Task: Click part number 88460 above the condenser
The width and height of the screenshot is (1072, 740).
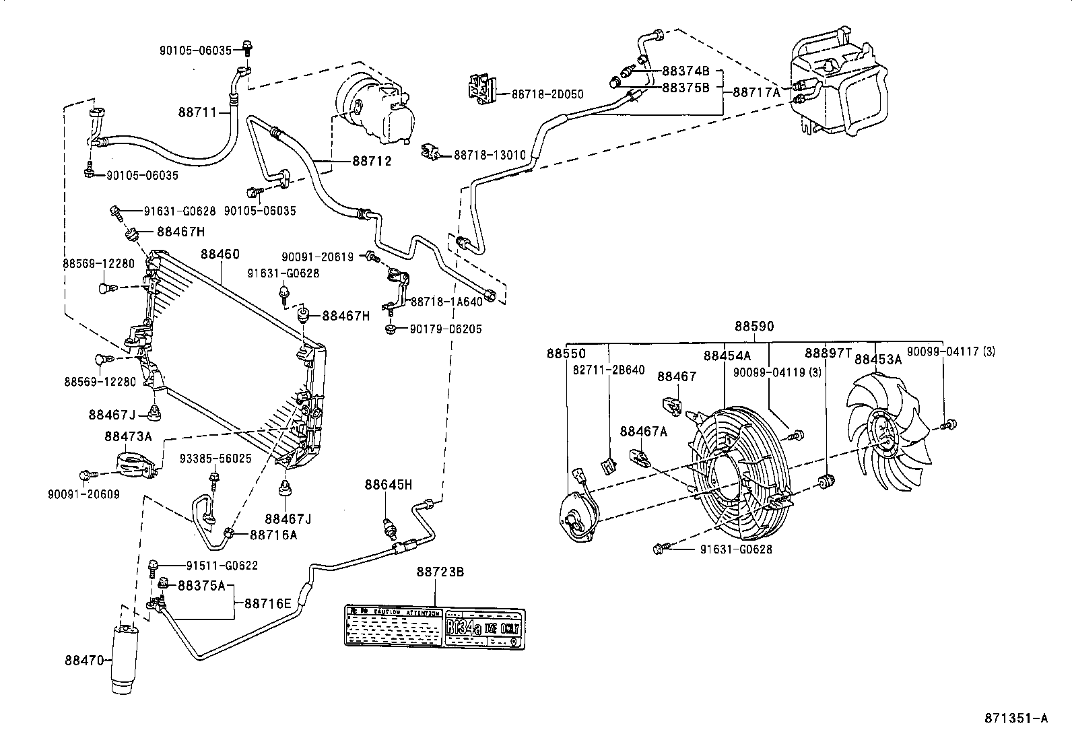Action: coord(220,255)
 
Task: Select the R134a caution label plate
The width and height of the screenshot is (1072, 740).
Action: coord(434,626)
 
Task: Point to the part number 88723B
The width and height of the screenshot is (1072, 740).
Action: coord(440,572)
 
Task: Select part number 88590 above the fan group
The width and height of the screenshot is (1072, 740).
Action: coord(753,327)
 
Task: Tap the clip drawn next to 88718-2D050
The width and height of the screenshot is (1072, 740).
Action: coord(482,90)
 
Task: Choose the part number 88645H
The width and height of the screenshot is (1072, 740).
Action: coord(389,485)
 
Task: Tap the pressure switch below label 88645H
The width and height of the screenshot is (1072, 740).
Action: coord(389,529)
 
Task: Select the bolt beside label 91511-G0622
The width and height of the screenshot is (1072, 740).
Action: coord(154,565)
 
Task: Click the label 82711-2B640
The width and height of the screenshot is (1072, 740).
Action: coord(609,370)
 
